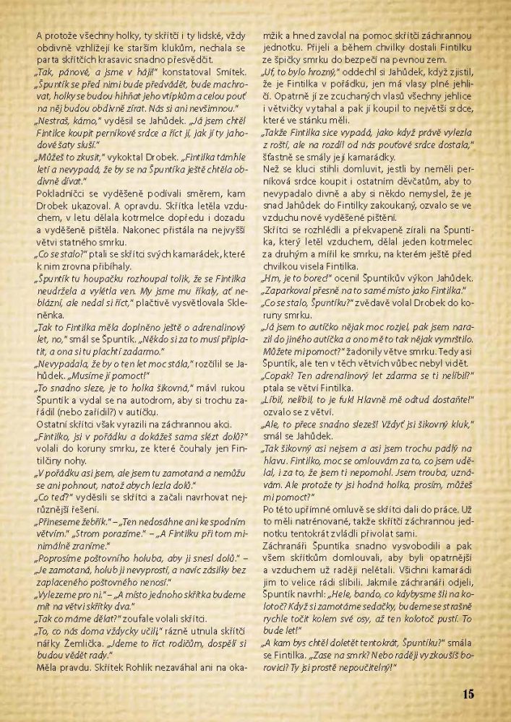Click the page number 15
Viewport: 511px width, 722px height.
tap(466, 695)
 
